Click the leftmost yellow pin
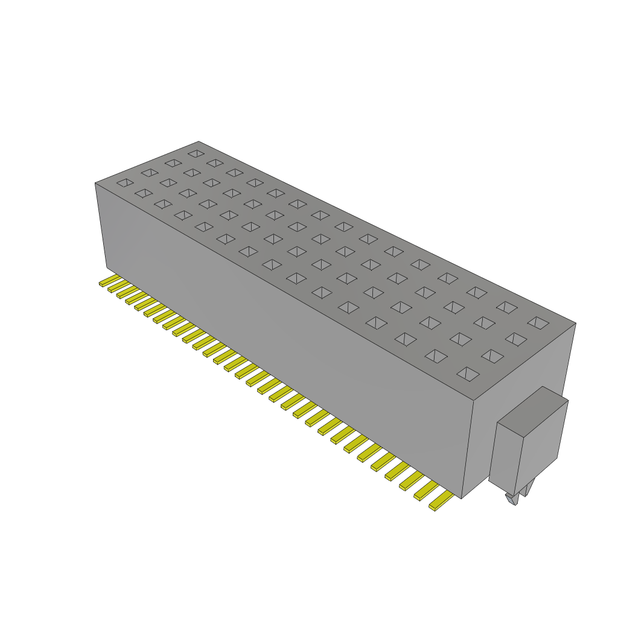[x=107, y=281]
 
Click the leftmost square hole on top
[x=125, y=182]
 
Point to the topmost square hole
[x=196, y=153]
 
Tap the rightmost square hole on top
[x=538, y=323]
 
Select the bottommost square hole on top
[x=468, y=374]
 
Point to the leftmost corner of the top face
[x=95, y=183]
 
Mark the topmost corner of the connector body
[x=199, y=142]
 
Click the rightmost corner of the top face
[x=576, y=323]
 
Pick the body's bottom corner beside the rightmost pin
[x=462, y=499]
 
